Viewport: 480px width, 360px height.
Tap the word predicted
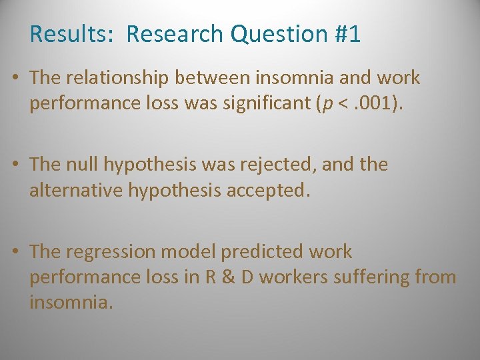coord(265,251)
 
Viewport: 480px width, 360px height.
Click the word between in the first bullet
coord(214,78)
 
